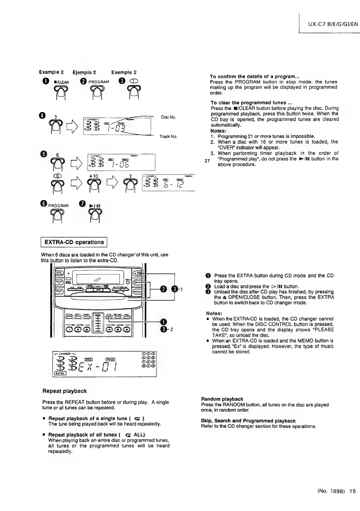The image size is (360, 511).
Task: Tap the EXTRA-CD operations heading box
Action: click(74, 242)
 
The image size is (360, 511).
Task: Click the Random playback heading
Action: click(222, 399)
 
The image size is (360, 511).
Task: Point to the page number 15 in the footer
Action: click(353, 491)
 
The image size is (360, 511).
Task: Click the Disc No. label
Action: click(169, 117)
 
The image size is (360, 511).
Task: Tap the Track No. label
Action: click(168, 136)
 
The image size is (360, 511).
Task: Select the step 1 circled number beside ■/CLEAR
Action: click(43, 82)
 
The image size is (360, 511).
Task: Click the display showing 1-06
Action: click(121, 162)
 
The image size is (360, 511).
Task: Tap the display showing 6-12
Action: click(168, 183)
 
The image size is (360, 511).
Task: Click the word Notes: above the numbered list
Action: click(218, 131)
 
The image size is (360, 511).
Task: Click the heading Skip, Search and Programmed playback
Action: click(248, 421)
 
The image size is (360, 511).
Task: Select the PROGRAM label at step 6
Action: click(58, 205)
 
